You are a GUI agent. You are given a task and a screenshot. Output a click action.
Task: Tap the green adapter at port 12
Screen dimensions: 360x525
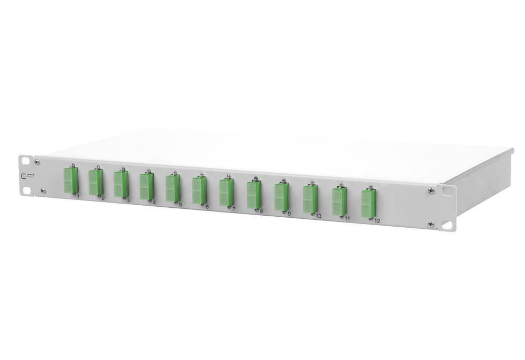tap(368, 203)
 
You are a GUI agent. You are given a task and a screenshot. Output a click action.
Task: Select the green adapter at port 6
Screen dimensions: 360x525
tap(198, 190)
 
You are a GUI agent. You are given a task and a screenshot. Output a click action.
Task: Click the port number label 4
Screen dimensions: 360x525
tap(154, 202)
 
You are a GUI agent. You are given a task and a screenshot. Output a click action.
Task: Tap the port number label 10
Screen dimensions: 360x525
tap(318, 216)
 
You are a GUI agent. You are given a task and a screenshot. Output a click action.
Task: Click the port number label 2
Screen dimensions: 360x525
tap(103, 198)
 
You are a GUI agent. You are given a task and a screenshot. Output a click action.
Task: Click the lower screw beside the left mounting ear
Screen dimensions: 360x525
tap(43, 190)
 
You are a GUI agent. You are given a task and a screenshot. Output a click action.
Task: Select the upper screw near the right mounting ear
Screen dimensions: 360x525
tap(430, 190)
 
